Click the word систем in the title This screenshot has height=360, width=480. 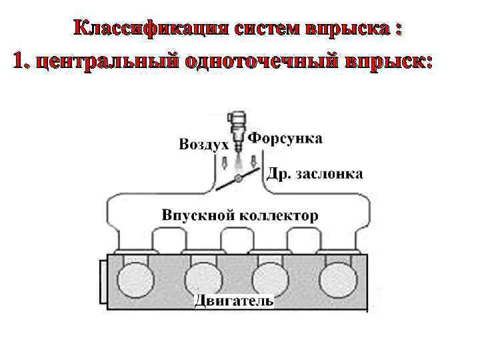[266, 29]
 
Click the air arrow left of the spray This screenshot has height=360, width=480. [225, 162]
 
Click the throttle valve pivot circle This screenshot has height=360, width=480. [238, 179]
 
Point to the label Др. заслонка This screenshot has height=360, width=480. [315, 174]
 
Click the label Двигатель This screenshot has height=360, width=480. [234, 301]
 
